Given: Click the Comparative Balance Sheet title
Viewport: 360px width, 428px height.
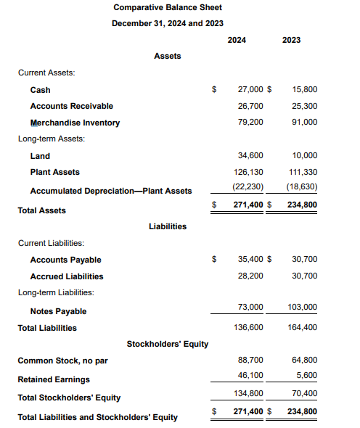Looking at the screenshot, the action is tap(168, 7).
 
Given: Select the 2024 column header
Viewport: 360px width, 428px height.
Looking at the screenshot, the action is tap(237, 40).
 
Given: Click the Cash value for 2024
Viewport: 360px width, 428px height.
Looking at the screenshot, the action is tap(250, 90).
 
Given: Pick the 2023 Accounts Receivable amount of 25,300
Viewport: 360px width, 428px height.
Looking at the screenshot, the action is tap(305, 106).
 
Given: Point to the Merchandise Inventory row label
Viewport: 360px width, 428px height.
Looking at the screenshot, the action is tap(75, 123).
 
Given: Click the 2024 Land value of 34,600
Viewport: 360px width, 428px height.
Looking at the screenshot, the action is tap(250, 155).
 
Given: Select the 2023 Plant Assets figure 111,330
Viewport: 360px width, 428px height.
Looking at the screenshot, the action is tap(303, 172).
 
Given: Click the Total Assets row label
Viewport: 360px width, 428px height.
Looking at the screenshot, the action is tap(41, 210).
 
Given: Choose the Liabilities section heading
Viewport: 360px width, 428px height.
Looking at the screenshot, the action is tap(168, 226).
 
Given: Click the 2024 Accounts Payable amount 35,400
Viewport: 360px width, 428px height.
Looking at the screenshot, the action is tap(250, 259).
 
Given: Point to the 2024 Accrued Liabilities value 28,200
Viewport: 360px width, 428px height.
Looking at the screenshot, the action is tap(250, 276).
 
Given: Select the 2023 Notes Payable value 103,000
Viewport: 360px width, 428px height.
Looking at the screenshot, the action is tap(303, 308).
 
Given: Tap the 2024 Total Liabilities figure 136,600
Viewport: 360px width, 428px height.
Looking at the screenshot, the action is tap(248, 327).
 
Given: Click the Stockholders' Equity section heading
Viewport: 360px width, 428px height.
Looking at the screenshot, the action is tap(168, 343).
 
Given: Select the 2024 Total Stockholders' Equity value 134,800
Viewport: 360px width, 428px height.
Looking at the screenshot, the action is tap(248, 395).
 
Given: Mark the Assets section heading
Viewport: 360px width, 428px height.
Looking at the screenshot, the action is tap(168, 56).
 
